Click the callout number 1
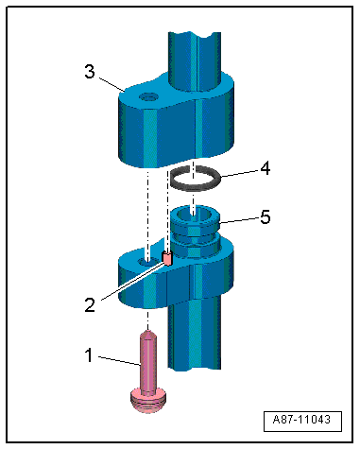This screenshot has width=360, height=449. click(89, 355)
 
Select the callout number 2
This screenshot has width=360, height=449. click(90, 305)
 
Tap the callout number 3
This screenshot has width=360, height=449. click(90, 72)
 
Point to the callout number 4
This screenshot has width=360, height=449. click(266, 168)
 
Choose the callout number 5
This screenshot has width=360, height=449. click(266, 217)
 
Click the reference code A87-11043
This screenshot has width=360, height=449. click(302, 420)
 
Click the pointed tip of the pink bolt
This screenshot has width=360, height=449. click(146, 330)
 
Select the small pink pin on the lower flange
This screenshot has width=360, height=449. click(167, 258)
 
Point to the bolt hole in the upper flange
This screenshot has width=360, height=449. click(148, 97)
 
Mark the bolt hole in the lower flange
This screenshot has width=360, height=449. click(148, 261)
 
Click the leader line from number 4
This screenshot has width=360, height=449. click(240, 175)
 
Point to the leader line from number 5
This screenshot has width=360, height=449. click(239, 220)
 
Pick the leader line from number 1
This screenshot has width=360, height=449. click(119, 361)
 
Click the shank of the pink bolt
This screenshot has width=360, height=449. click(146, 362)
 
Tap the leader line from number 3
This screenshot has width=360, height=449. click(111, 84)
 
